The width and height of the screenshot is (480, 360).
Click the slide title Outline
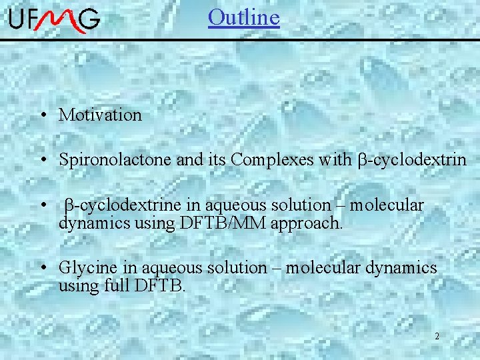point(243,17)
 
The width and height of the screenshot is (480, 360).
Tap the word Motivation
point(100,115)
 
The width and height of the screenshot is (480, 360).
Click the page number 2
point(437,336)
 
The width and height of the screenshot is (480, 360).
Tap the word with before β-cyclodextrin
point(333,160)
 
